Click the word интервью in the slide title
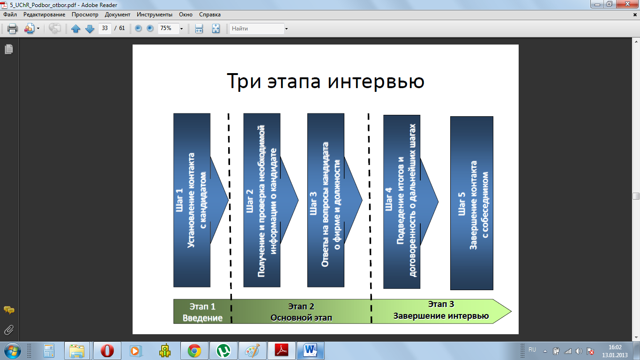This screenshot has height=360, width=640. [x=376, y=81]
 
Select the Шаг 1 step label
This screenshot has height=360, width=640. [x=179, y=200]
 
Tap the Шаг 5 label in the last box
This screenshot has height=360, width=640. [x=461, y=203]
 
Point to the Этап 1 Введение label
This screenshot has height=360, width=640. [x=202, y=312]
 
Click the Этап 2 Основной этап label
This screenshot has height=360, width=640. [x=301, y=312]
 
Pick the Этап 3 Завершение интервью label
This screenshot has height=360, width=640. [x=441, y=310]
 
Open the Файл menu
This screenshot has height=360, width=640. [x=10, y=15]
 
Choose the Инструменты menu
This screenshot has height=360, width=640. [x=154, y=15]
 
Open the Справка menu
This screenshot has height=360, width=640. [x=210, y=15]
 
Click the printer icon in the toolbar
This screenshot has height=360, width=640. [x=12, y=29]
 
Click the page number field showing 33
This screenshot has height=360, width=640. [x=105, y=28]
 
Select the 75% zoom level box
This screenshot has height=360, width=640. [x=169, y=28]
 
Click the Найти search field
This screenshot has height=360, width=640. [x=257, y=28]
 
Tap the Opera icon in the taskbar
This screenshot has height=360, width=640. [x=107, y=351]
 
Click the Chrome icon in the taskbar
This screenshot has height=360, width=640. [x=194, y=351]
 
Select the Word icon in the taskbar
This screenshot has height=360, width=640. [x=310, y=351]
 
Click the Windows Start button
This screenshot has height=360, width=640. [x=13, y=351]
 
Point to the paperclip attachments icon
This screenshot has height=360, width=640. [x=9, y=330]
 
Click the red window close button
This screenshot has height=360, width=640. [x=628, y=4]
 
